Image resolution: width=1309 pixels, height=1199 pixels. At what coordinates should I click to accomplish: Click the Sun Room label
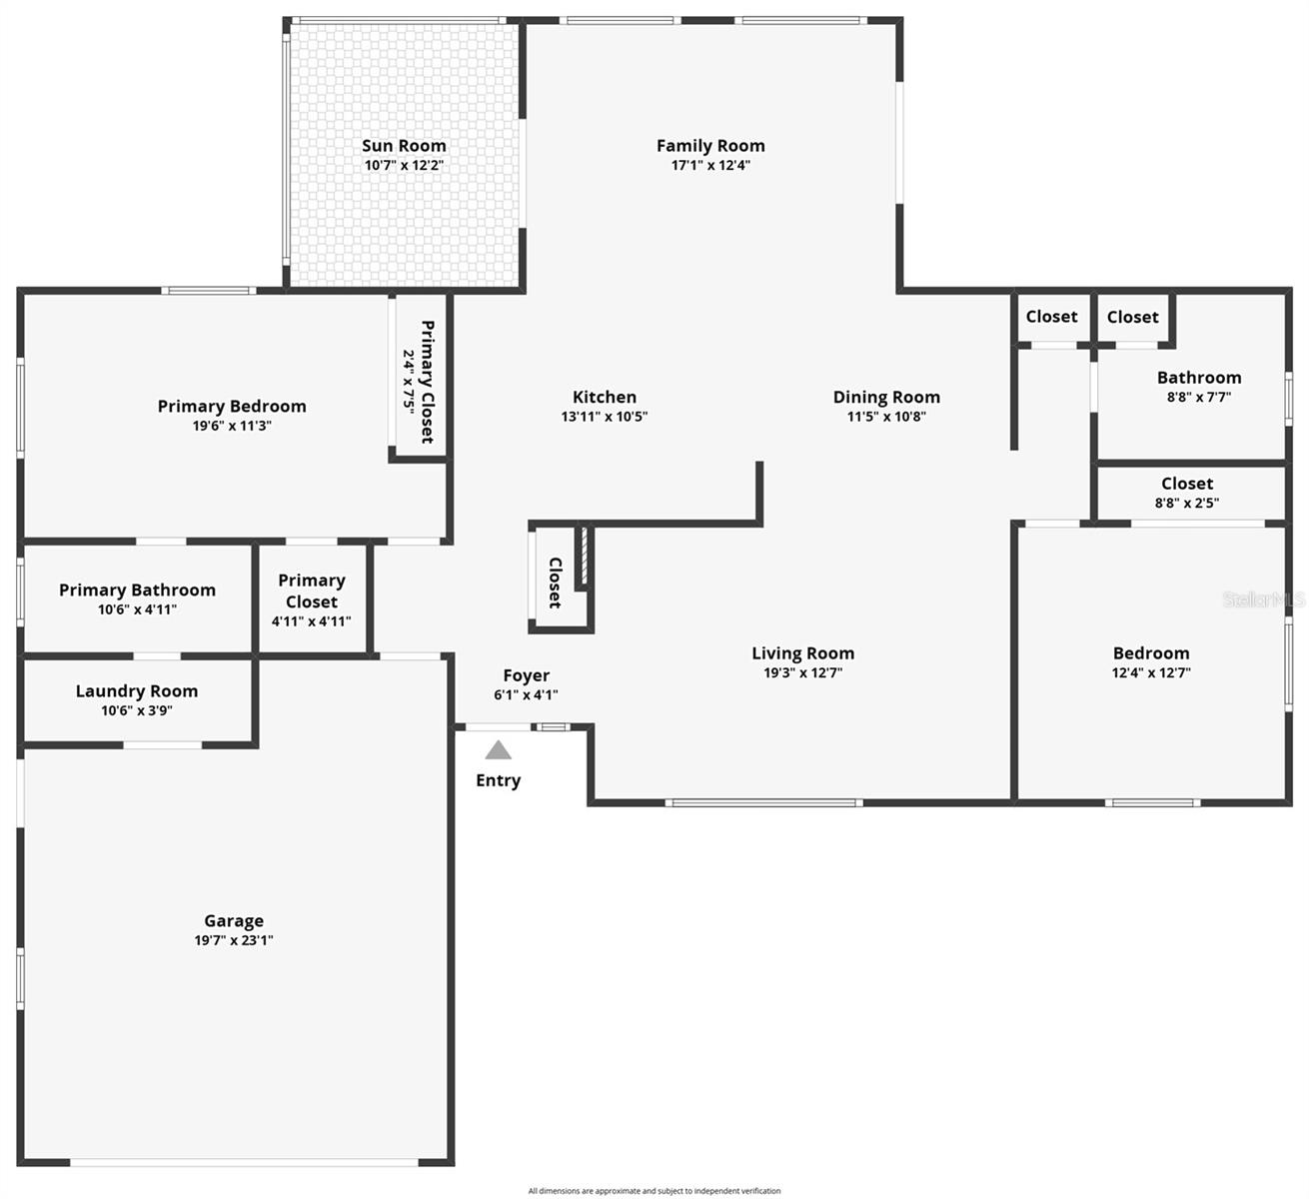pos(404,146)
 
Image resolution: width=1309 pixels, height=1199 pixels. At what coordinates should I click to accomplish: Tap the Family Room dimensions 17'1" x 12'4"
pos(710,165)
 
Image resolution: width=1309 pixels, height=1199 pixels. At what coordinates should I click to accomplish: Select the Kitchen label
pos(605,397)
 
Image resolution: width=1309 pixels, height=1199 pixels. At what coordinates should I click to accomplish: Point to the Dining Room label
pos(886,397)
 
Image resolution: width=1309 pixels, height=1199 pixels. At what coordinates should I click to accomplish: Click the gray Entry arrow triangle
pos(498,750)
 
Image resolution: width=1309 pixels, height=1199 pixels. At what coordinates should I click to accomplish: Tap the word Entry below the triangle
pos(498,780)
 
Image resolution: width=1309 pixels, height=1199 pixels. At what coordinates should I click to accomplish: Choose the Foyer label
pos(526,675)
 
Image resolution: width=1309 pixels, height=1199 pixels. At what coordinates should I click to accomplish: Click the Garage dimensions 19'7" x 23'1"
pos(234,940)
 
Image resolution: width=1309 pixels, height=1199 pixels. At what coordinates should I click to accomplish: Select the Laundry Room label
pos(137,691)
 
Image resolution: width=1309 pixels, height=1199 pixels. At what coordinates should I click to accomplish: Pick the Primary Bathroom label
pos(137,590)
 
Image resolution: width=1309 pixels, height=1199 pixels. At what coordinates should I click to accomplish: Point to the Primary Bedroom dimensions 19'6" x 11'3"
pos(232,426)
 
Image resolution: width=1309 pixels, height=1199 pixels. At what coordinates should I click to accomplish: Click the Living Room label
pos(802,653)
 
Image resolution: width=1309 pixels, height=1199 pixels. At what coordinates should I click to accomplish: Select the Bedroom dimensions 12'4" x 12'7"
pos(1151,672)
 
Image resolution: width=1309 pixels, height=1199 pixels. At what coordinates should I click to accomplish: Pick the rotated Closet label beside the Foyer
pos(555,583)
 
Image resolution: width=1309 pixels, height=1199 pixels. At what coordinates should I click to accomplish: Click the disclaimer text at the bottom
pos(654,1190)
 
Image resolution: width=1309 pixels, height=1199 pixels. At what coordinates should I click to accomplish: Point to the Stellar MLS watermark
pos(1264,599)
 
